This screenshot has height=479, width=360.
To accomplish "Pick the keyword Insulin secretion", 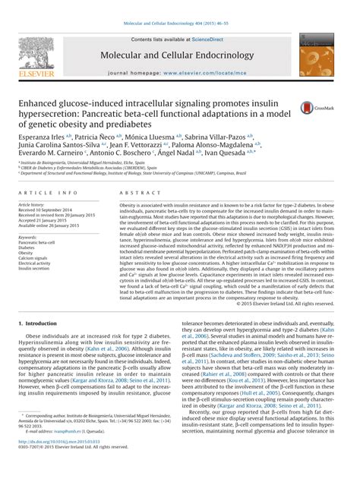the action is (x=34, y=268).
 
